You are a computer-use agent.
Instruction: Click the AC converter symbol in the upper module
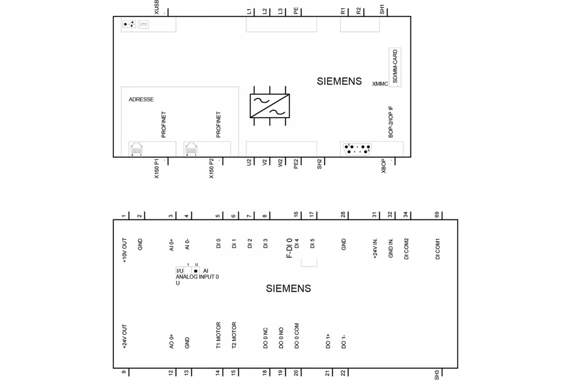tap(270, 106)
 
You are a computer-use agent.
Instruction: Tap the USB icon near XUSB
tap(129, 24)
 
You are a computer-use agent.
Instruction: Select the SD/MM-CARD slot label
tap(395, 66)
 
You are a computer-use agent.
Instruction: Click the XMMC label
tap(380, 84)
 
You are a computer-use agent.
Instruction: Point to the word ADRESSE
tap(141, 99)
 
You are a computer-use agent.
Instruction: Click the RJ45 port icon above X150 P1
tap(137, 149)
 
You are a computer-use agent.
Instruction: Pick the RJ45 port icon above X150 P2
tap(191, 149)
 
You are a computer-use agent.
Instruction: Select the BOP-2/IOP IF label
tap(391, 122)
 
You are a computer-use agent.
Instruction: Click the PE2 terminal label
tap(295, 164)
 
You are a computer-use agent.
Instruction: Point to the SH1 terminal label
tap(382, 9)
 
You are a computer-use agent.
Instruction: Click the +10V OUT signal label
tap(124, 250)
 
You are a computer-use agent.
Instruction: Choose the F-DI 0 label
tap(289, 248)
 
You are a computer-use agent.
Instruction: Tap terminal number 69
tap(437, 215)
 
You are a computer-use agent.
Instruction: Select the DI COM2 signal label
tap(406, 249)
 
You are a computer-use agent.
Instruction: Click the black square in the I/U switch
tap(196, 271)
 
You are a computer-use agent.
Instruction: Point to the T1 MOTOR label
tap(218, 335)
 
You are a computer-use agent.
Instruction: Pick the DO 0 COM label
tap(296, 336)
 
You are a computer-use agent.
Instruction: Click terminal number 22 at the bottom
tap(343, 373)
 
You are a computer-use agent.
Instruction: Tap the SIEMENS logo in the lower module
tap(288, 288)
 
